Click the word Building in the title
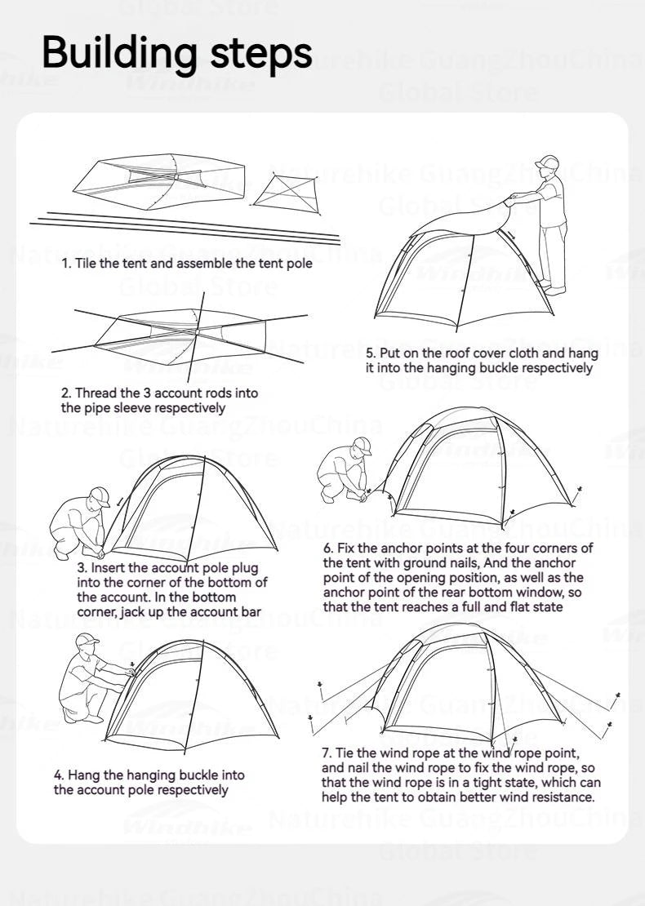point(118,52)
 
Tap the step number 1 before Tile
point(65,264)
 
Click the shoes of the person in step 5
point(554,288)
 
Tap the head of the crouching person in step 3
point(98,497)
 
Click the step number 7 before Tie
point(326,753)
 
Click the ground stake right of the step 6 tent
point(579,491)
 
